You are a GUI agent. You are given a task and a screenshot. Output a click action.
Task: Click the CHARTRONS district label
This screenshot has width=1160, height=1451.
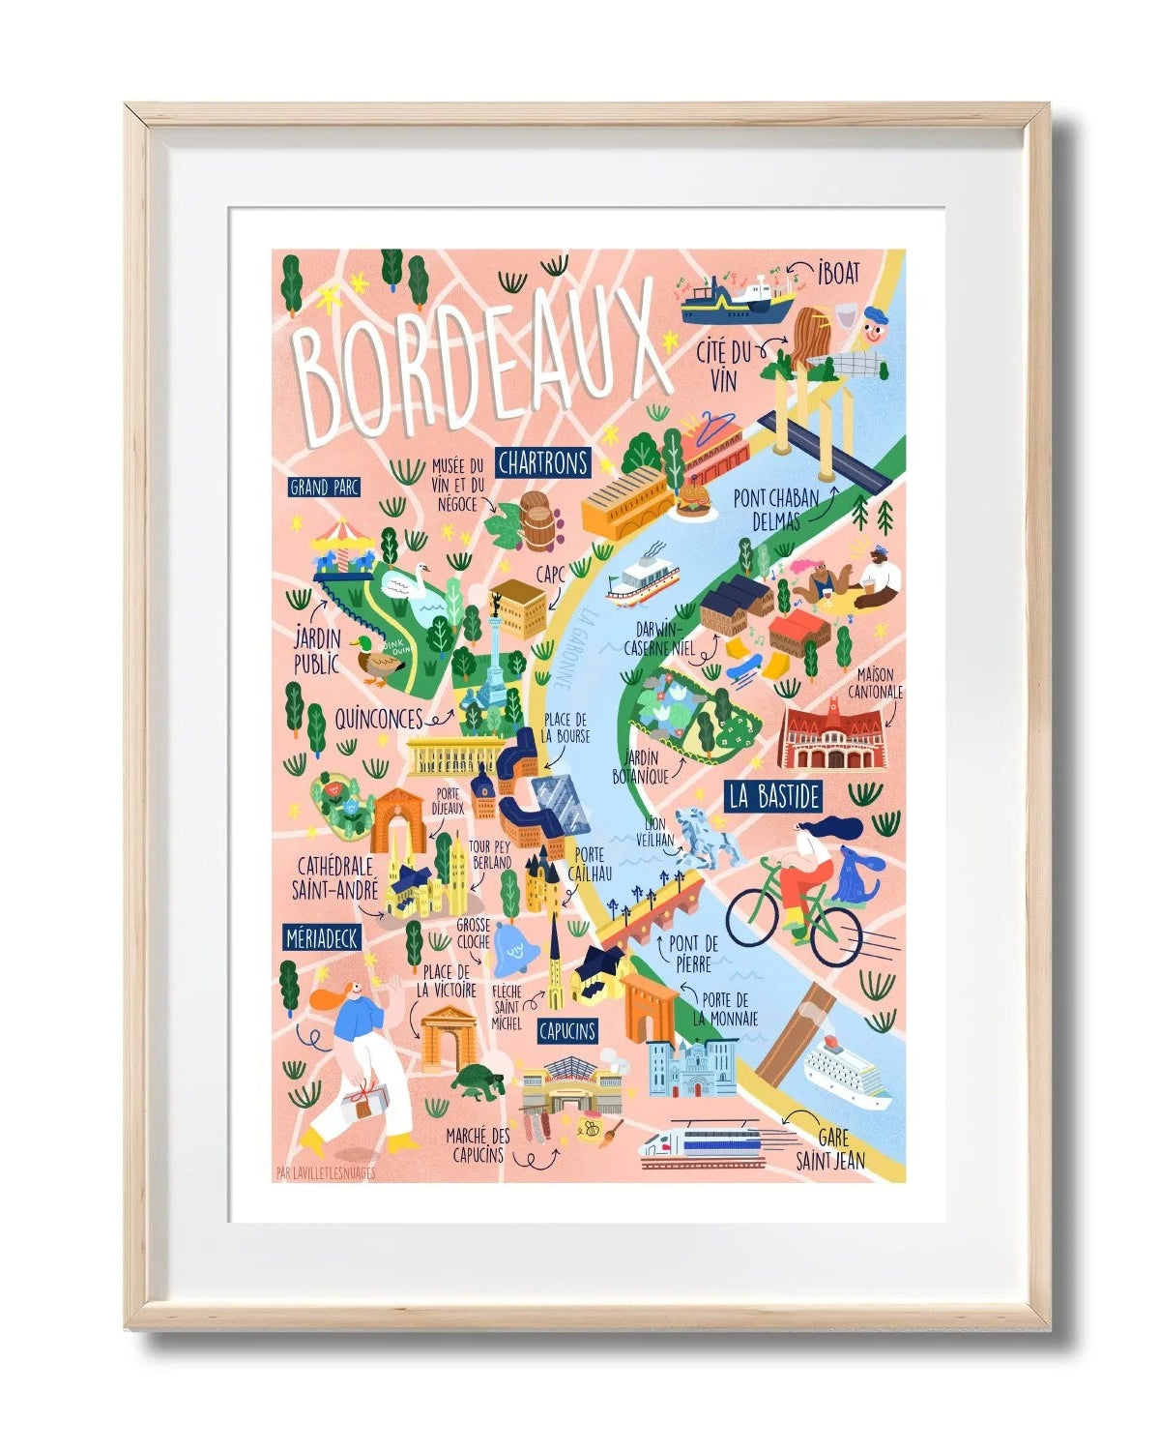542,463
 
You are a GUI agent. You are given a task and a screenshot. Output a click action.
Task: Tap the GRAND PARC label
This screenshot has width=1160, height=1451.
324,488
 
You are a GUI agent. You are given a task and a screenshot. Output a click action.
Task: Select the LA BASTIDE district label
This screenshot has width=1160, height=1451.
774,797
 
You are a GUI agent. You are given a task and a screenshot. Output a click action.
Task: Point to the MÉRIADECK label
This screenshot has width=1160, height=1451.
323,937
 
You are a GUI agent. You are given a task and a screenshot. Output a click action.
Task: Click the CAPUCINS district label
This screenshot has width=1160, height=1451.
566,1031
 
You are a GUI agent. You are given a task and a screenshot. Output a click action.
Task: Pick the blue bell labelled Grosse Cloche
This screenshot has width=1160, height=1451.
512,951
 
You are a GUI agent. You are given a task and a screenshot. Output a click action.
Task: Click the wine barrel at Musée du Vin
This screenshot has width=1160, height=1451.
538,520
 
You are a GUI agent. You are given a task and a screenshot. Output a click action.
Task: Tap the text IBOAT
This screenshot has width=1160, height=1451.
837,273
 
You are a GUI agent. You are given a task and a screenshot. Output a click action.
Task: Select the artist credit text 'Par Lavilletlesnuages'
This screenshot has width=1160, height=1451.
325,1174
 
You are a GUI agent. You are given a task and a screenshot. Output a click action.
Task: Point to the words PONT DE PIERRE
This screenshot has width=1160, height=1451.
693,953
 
